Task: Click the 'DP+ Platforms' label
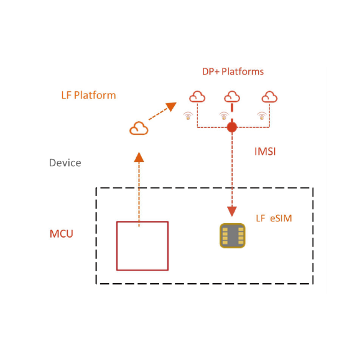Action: [x=233, y=71]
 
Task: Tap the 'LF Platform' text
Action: [x=88, y=95]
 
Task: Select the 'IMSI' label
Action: [x=265, y=152]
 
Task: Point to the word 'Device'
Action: [x=65, y=163]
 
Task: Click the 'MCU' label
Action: [x=61, y=233]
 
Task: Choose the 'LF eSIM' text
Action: [x=274, y=218]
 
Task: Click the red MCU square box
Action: [x=142, y=246]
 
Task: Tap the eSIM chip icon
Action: [x=232, y=236]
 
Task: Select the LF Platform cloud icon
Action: [x=139, y=128]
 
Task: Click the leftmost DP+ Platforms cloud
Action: [x=197, y=97]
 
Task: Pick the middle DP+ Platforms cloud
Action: [x=232, y=97]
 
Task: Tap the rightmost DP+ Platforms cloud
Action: [x=269, y=97]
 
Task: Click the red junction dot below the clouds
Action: [x=232, y=127]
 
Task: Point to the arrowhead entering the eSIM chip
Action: [x=232, y=211]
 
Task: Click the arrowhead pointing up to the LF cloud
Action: [x=139, y=157]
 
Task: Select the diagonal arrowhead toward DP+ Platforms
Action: [x=171, y=107]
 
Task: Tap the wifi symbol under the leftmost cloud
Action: [x=188, y=116]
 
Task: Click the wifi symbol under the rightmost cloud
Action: [x=261, y=116]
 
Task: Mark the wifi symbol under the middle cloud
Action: [x=224, y=116]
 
